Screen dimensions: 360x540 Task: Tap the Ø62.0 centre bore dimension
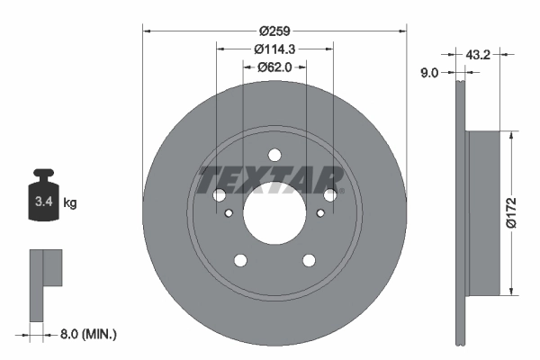tap(274, 66)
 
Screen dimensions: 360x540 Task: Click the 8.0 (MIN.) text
tap(87, 334)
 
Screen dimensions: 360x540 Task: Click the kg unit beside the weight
tap(70, 203)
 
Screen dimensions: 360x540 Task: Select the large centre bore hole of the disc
tap(274, 218)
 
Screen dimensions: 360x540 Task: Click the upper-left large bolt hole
tap(219, 195)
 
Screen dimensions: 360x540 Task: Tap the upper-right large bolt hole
tap(330, 193)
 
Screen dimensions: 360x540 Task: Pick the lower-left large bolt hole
tap(240, 260)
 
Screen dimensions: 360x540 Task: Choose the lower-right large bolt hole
tap(309, 260)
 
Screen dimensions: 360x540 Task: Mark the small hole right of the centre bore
tap(319, 213)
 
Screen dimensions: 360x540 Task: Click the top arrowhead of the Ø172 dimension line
tap(511, 136)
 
